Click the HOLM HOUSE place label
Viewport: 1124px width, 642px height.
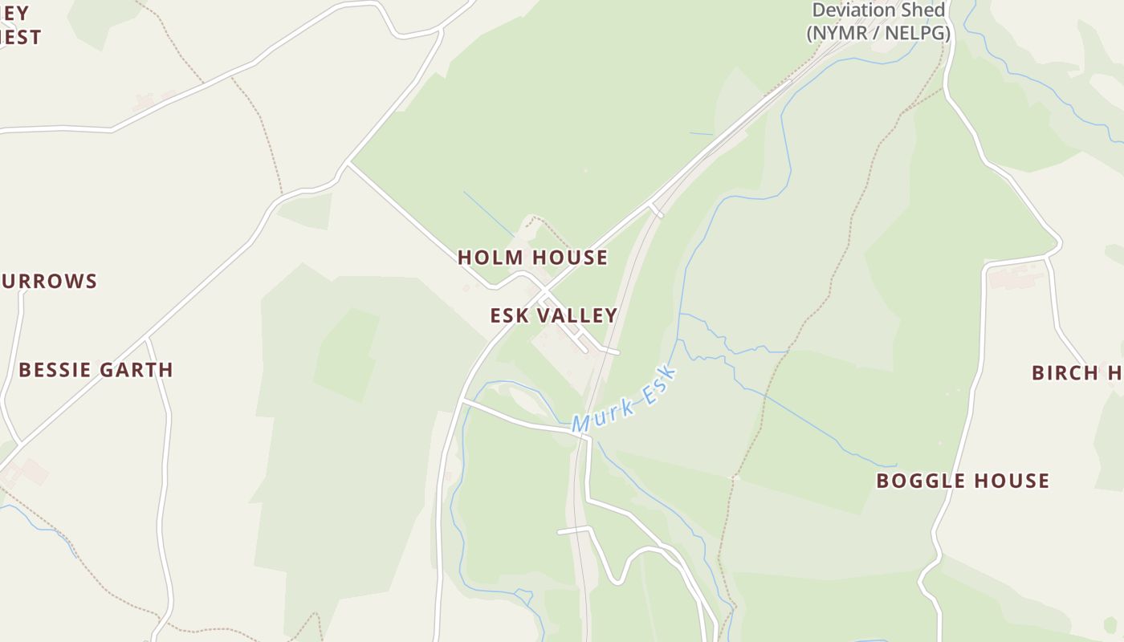[532, 258]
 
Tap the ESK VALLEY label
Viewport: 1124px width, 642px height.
[554, 315]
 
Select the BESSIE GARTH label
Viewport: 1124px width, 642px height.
[96, 370]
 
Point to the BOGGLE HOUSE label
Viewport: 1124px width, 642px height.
[962, 481]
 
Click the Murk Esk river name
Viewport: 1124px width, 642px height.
[625, 400]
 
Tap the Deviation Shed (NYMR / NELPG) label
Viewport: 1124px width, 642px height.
[878, 22]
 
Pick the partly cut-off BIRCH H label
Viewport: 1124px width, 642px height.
[1076, 373]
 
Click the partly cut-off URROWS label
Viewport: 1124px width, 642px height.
[49, 282]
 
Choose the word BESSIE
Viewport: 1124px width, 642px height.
[53, 370]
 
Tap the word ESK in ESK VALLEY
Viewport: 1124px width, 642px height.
[508, 315]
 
